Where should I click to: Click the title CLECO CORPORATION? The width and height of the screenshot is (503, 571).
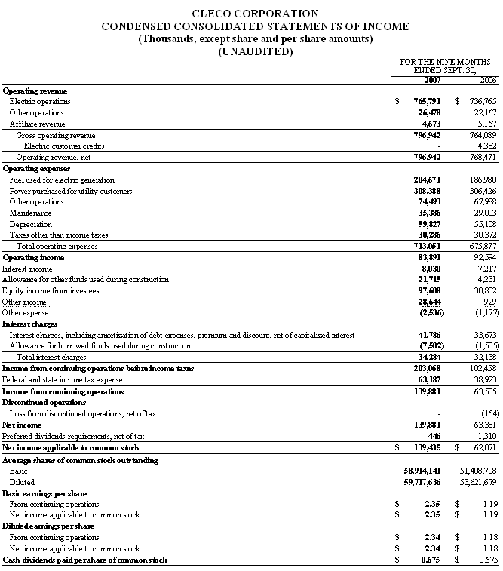coord(255,14)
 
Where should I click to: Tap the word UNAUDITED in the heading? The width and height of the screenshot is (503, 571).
coord(255,51)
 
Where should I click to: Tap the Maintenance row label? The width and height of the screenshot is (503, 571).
coord(31,213)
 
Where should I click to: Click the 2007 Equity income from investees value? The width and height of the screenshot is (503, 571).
coord(428,290)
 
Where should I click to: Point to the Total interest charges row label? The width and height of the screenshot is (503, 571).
coord(47,357)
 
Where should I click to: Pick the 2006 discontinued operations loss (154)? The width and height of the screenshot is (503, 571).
coord(488,413)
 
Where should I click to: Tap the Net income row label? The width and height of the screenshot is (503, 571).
coord(23,425)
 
